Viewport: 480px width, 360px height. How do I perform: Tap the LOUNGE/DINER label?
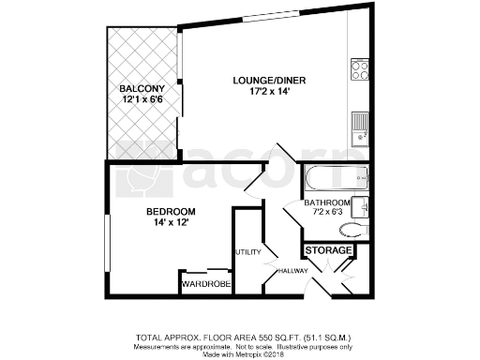point(269,80)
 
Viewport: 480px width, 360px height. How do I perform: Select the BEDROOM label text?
point(170,211)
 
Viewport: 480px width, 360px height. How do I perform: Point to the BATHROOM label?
point(327,202)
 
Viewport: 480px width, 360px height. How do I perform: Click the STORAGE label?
point(329,251)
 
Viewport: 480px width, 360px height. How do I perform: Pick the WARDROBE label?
point(205,283)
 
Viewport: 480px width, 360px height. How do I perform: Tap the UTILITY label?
point(248,252)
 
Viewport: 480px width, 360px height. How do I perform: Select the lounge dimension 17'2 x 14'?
point(269,92)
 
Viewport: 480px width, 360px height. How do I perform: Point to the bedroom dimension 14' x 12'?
point(170,222)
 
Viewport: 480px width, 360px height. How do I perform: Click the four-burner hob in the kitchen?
point(360,69)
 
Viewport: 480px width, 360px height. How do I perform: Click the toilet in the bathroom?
point(353,230)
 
